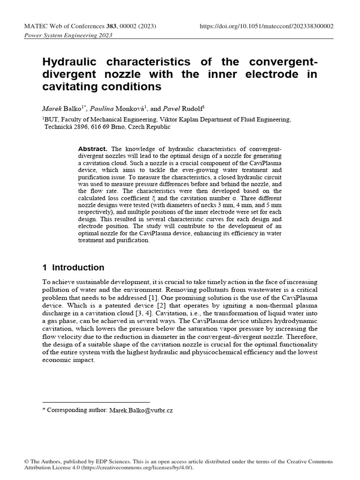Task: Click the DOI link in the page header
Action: click(x=267, y=26)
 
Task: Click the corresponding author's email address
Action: click(x=141, y=410)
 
